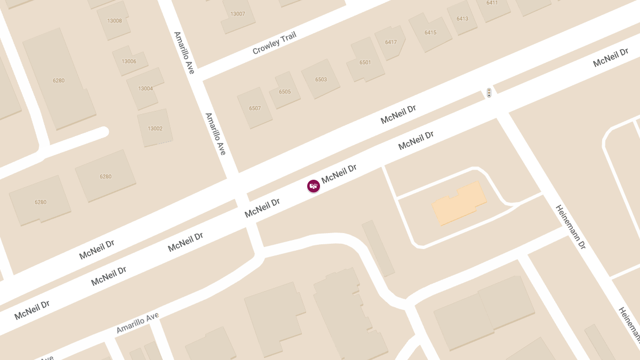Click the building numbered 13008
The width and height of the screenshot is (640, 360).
[x=115, y=21]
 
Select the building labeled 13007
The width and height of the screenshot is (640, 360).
[x=237, y=14]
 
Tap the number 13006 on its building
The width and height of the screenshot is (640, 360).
[x=129, y=61]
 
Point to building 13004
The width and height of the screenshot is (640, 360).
[x=145, y=89]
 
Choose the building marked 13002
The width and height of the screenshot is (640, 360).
[x=155, y=129]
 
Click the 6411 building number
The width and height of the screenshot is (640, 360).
[x=492, y=3]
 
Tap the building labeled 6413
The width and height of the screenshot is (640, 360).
[x=462, y=19]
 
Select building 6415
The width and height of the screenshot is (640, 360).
[x=430, y=33]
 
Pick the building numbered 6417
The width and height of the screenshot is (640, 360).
[x=391, y=42]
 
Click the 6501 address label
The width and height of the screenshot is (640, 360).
[x=365, y=62]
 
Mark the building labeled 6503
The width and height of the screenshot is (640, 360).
[x=321, y=79]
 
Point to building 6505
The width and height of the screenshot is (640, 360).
[x=285, y=92]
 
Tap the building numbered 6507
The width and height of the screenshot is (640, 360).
[x=255, y=108]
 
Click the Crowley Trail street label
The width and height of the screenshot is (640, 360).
[x=274, y=43]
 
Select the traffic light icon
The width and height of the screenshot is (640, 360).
[x=489, y=93]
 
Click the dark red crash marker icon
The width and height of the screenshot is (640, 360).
[x=314, y=186]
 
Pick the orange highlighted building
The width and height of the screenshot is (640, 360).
[x=459, y=203]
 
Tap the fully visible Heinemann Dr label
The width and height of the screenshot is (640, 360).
[x=571, y=227]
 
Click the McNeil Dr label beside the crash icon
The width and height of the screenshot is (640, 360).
[x=339, y=174]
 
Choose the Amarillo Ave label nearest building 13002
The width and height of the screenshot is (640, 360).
[x=216, y=134]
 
